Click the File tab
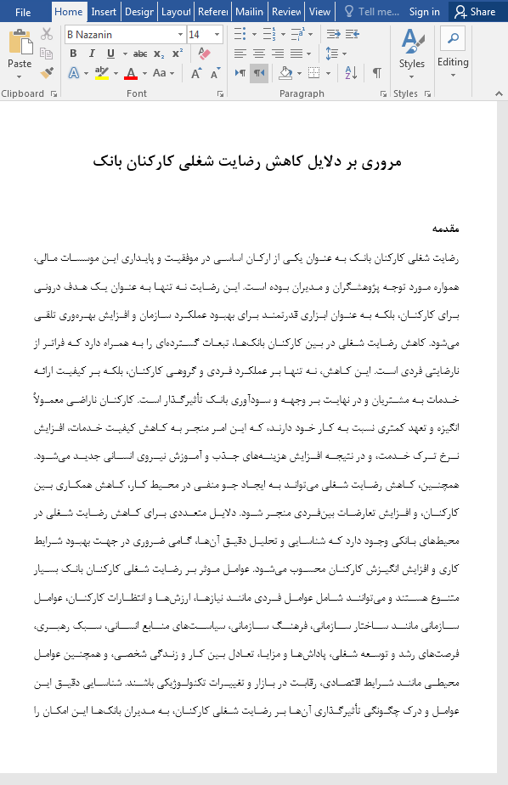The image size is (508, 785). coord(23,12)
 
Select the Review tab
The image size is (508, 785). coord(287,12)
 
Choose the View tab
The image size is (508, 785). coord(319,12)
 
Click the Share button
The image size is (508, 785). coord(475,12)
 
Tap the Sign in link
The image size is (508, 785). coord(424,12)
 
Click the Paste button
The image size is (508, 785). coord(20,53)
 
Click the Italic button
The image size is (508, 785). coord(88,54)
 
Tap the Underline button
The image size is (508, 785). coord(106,54)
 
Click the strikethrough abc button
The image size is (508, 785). coord(140,54)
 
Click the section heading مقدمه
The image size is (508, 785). coord(445,229)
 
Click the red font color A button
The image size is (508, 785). coord(130,73)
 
